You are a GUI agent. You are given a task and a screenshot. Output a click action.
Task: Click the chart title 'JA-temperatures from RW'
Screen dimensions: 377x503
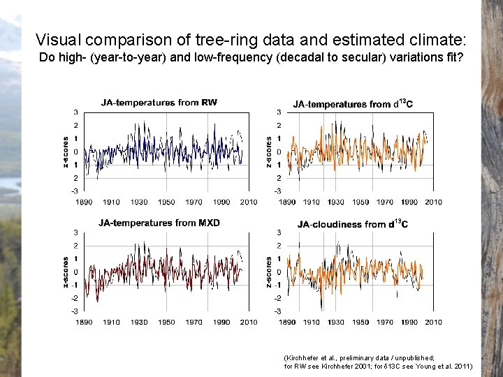(159, 103)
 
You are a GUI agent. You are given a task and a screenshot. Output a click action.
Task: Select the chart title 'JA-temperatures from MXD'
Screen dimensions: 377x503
(159, 223)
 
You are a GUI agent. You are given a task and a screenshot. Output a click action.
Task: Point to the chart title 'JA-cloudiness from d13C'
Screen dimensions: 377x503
(352, 224)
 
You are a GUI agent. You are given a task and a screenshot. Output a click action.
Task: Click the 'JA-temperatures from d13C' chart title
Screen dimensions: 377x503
(352, 104)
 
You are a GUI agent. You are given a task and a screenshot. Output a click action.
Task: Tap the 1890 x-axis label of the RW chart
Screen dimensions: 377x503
(84, 202)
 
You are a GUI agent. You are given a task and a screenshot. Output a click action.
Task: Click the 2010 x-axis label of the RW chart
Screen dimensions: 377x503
(249, 202)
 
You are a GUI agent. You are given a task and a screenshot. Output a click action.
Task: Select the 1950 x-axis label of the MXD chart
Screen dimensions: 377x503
(166, 322)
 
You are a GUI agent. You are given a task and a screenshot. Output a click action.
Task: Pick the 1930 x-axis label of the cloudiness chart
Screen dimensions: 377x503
(336, 322)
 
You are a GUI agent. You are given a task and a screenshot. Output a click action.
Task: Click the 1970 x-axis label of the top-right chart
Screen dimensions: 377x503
(385, 202)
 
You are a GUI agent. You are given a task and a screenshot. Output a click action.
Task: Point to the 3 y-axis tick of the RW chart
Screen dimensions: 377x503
(75, 112)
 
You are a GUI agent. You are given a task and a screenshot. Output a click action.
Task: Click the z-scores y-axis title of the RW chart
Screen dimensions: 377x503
(66, 151)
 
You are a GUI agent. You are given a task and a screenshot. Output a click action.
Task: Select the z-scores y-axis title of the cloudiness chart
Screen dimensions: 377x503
(269, 272)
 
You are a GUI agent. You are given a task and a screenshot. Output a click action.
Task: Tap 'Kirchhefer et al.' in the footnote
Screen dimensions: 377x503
(316, 357)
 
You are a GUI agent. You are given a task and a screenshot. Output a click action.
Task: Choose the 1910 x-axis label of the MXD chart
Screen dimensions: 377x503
(111, 322)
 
